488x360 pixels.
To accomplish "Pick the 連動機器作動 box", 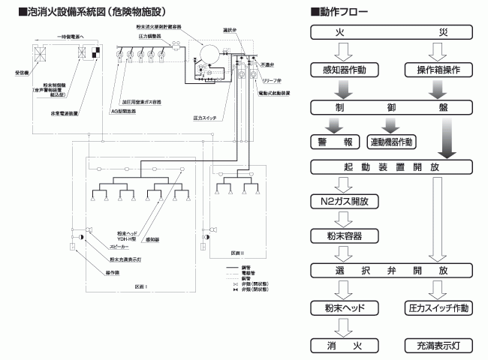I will pos(393,140).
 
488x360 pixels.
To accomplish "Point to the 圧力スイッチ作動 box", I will pos(438,307).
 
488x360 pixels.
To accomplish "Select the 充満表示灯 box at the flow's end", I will pos(438,346).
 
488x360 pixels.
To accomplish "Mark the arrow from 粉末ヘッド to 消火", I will pos(343,327).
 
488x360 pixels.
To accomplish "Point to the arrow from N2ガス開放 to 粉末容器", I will pos(343,219).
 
